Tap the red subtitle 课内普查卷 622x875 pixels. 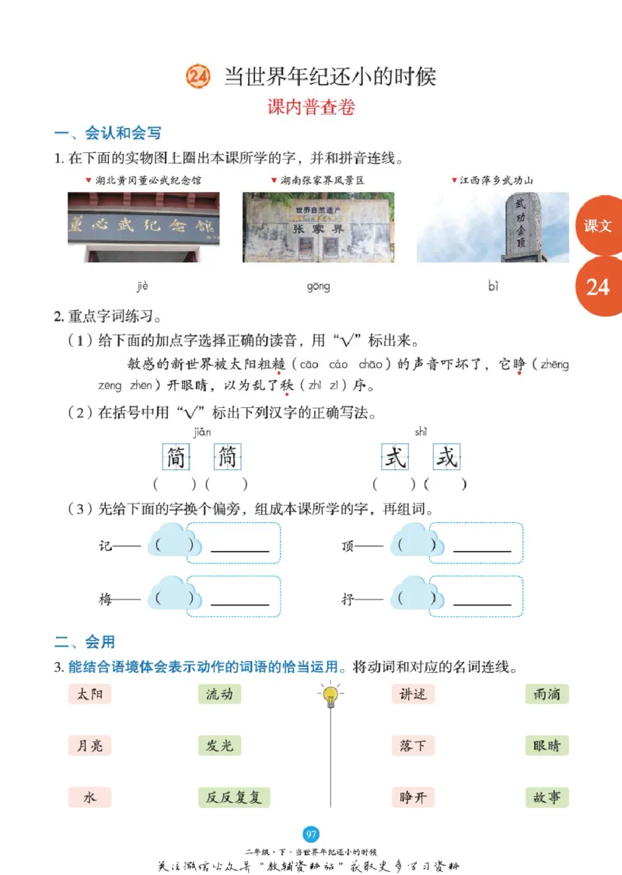[311, 108]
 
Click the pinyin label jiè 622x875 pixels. [142, 287]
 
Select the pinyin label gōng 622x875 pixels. [318, 287]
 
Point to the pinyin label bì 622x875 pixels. [493, 287]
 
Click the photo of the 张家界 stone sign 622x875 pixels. [318, 227]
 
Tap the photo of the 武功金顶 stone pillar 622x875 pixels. [493, 227]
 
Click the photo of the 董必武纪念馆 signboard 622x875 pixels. [143, 227]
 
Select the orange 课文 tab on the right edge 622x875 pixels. [599, 226]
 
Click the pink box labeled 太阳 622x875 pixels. [89, 694]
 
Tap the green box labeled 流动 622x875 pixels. [219, 694]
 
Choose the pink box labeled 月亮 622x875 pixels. [89, 746]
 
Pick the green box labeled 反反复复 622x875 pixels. [233, 797]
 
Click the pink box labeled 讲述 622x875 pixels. [413, 694]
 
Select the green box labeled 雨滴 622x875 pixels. [547, 694]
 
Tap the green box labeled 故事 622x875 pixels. [547, 797]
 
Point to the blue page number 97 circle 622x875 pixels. [311, 835]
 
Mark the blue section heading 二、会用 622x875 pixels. [85, 642]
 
